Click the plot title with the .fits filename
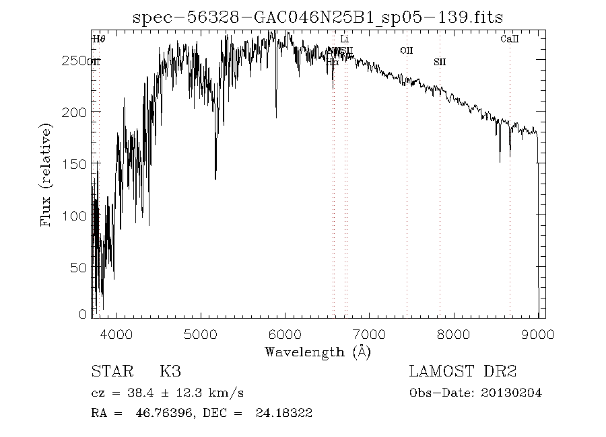[x=318, y=17]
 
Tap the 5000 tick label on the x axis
[x=201, y=334]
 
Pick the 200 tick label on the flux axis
[x=76, y=112]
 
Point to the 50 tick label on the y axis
[x=80, y=268]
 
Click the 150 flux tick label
[x=76, y=164]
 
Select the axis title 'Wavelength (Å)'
[x=318, y=352]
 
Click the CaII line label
[x=510, y=39]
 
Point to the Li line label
[x=344, y=39]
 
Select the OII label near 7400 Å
[x=406, y=50]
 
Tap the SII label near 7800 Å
[x=440, y=62]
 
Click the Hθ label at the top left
[x=99, y=39]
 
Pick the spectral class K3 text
[x=170, y=372]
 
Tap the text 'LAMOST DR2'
[x=463, y=372]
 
